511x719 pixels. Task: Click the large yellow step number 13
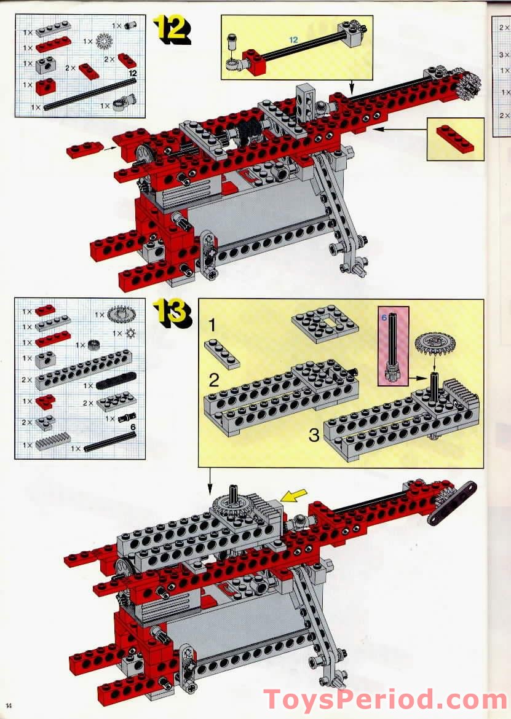172,313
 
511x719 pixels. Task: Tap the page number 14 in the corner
9,704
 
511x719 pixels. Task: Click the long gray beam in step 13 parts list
66,379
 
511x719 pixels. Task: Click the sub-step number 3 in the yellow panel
314,436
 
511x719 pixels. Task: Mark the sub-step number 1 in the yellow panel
212,326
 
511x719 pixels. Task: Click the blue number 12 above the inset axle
293,39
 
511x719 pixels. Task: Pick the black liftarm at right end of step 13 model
451,503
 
